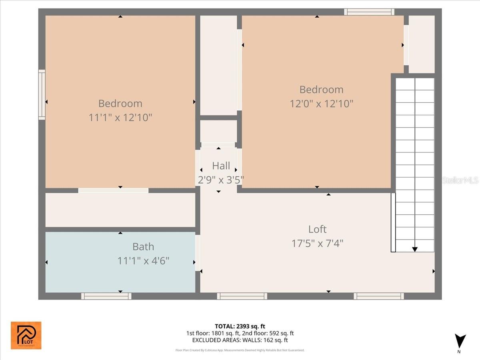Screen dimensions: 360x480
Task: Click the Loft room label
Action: coord(317,229)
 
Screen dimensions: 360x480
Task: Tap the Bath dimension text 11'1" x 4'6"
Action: coord(143,261)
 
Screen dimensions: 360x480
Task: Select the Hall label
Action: coord(221,166)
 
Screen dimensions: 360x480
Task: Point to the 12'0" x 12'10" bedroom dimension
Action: coord(321,104)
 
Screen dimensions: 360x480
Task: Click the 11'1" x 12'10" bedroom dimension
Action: coord(120,118)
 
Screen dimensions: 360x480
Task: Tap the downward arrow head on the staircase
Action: coord(415,249)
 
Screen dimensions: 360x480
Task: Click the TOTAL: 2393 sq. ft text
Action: coord(240,326)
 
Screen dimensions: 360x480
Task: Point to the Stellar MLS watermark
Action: coord(460,180)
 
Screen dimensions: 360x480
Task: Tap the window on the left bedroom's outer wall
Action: coord(42,94)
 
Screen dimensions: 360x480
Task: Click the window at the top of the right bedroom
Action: coord(369,12)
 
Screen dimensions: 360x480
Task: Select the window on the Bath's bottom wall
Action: coord(106,296)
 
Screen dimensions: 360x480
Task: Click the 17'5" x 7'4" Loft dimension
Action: coord(317,243)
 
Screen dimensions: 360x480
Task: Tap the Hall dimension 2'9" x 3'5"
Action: coord(221,180)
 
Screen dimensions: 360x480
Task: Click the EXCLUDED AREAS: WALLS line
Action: coord(240,340)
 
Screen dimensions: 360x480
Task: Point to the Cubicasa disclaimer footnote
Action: coord(240,350)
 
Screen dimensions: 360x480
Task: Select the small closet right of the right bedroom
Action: coord(421,44)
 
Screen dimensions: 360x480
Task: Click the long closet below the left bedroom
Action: coord(120,210)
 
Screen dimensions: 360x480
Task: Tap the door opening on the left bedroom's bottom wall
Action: coord(113,190)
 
